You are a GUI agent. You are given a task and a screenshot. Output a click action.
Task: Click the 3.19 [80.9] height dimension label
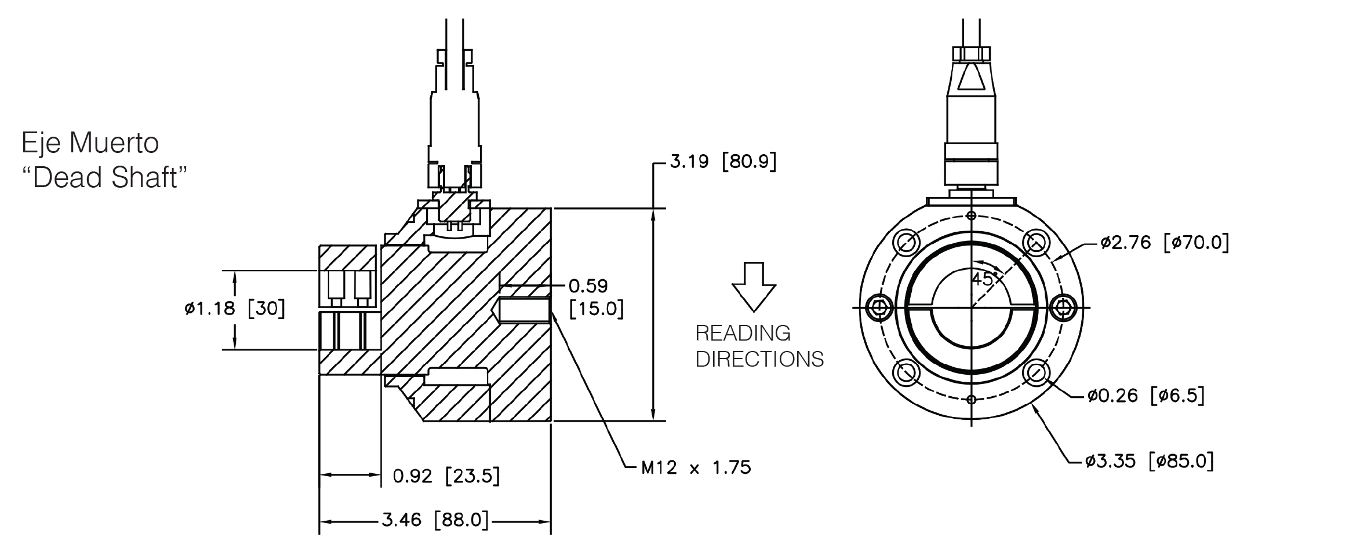(x=722, y=161)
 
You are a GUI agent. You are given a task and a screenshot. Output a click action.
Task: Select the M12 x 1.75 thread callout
(x=696, y=467)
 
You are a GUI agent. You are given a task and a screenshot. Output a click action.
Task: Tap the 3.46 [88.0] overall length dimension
(x=435, y=520)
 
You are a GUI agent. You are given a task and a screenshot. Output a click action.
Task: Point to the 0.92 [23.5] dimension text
(x=446, y=476)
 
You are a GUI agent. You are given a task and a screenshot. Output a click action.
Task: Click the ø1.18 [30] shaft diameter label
(x=235, y=308)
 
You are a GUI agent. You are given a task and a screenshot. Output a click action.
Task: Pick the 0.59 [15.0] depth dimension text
(x=596, y=298)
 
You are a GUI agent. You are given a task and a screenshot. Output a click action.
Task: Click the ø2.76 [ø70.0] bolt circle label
(x=1165, y=242)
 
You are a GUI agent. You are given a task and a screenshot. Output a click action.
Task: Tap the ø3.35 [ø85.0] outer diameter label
(x=1150, y=461)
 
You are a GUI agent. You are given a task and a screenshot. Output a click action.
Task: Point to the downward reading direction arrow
(x=754, y=287)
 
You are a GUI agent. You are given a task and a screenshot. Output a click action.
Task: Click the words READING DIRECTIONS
(x=759, y=346)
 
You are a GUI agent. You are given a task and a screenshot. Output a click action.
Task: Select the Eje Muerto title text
(x=90, y=143)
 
